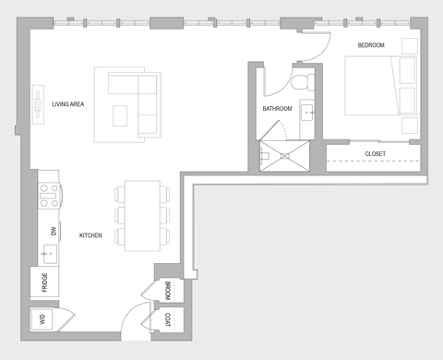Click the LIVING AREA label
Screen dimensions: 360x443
pyautogui.click(x=68, y=104)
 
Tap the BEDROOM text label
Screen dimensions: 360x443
pyautogui.click(x=372, y=45)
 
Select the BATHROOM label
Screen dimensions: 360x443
pyautogui.click(x=277, y=109)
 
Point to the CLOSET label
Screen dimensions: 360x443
pyautogui.click(x=375, y=153)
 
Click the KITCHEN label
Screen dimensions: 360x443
pyautogui.click(x=90, y=236)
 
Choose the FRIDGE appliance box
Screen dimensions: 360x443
pyautogui.click(x=44, y=281)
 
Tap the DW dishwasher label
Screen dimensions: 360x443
pyautogui.click(x=53, y=231)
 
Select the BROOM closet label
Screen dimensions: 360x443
pyautogui.click(x=167, y=291)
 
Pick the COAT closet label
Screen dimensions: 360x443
pyautogui.click(x=167, y=320)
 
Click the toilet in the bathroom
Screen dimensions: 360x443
pyautogui.click(x=299, y=81)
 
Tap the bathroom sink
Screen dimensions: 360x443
pyautogui.click(x=308, y=114)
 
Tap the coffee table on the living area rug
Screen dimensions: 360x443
pyautogui.click(x=120, y=114)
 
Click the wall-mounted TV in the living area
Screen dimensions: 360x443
pyautogui.click(x=39, y=102)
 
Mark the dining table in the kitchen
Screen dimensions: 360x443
pyautogui.click(x=141, y=214)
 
